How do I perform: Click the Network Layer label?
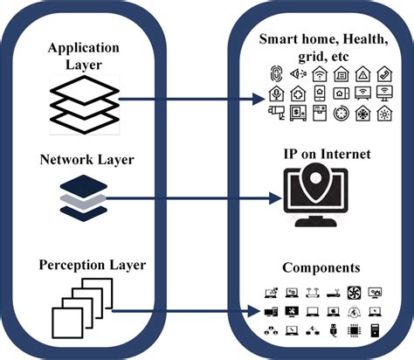[84, 161]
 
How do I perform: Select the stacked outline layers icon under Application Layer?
[84, 101]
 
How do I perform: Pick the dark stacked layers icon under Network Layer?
[84, 197]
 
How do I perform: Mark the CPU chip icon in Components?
[355, 330]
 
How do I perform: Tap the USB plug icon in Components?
[333, 330]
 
